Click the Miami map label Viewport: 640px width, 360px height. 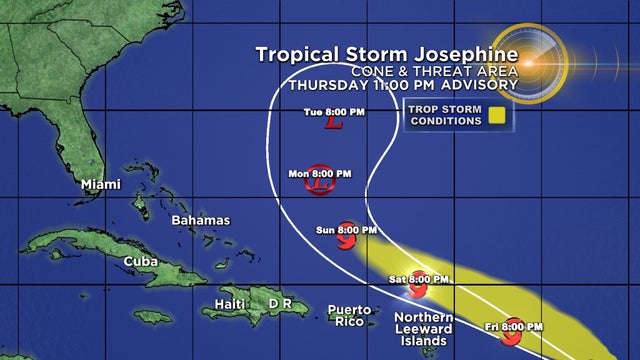tap(100, 184)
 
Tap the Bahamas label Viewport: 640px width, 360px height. tap(200, 220)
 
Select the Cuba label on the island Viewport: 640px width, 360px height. tap(140, 261)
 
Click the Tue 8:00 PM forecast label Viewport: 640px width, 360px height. tap(334, 112)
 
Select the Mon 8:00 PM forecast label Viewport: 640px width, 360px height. tap(319, 172)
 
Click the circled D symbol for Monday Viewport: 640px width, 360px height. tap(320, 185)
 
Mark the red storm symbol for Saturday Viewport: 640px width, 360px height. tap(418, 289)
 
